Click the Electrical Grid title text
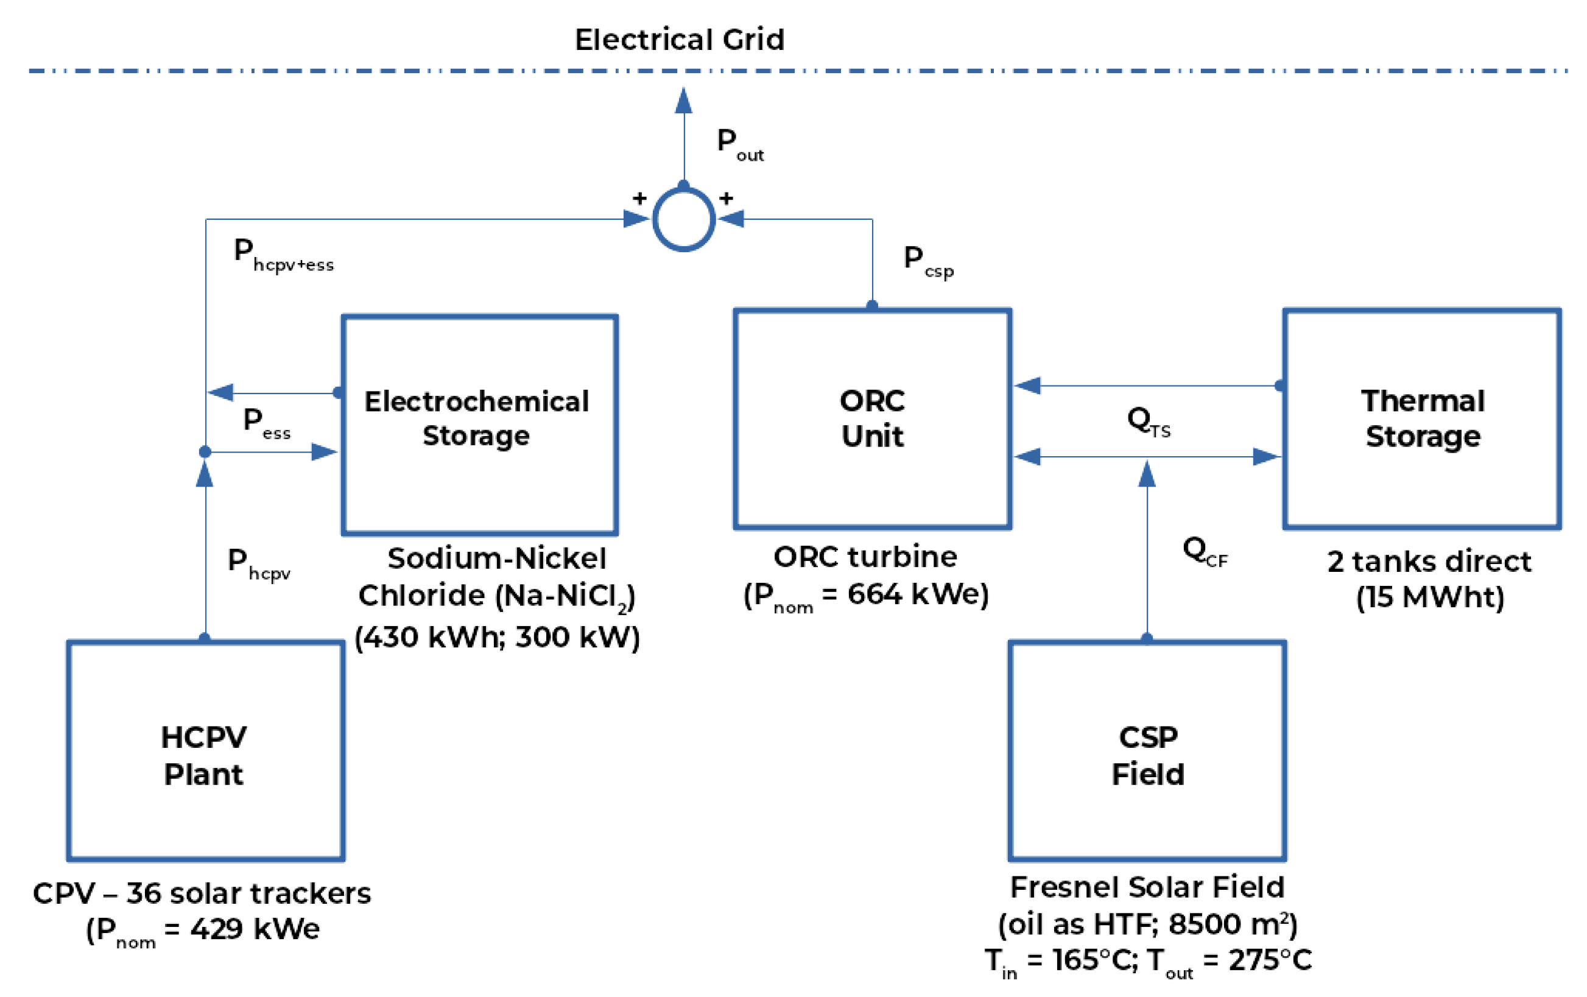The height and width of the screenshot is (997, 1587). pos(680,40)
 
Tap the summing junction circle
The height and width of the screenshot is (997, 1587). pos(683,219)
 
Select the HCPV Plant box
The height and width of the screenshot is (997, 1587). pos(205,750)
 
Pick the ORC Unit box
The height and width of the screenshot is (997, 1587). pos(872,418)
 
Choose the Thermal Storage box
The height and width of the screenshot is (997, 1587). pos(1421,418)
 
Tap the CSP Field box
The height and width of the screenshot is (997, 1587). pos(1147,750)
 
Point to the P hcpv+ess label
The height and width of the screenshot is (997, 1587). pos(283,255)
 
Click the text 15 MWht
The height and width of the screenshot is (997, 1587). pos(1429,597)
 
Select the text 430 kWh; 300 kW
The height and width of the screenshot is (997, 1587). pos(497,637)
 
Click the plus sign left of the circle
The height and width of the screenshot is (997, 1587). pos(639,198)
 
